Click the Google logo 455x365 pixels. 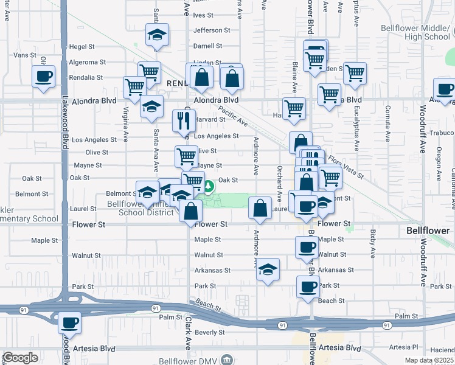point(19,358)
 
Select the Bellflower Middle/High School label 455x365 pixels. point(415,32)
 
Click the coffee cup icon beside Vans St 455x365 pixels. point(44,77)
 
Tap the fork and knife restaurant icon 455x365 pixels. point(182,121)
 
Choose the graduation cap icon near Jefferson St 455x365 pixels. point(157,35)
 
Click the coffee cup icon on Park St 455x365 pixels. point(308,286)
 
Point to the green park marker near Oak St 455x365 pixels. point(208,186)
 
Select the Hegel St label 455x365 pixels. point(83,46)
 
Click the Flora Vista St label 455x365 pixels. point(345,167)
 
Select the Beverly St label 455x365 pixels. point(210,332)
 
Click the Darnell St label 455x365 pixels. point(207,46)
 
